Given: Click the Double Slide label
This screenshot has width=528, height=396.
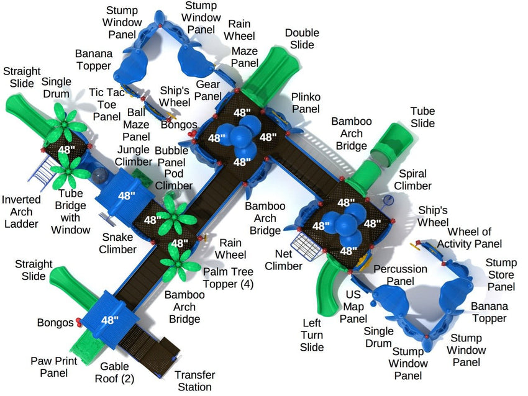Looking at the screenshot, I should pyautogui.click(x=302, y=39).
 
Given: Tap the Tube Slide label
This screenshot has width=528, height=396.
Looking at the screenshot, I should pyautogui.click(x=422, y=118).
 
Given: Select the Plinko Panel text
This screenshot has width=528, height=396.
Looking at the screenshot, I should pyautogui.click(x=306, y=102).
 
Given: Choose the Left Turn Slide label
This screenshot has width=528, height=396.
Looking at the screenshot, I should pyautogui.click(x=312, y=335).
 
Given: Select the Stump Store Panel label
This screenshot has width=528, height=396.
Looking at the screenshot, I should pyautogui.click(x=501, y=274).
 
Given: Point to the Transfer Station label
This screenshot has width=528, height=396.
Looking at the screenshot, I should pyautogui.click(x=194, y=381).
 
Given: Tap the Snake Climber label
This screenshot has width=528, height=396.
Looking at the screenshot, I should pyautogui.click(x=118, y=243).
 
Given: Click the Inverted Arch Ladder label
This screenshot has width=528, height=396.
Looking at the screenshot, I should pyautogui.click(x=21, y=212).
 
